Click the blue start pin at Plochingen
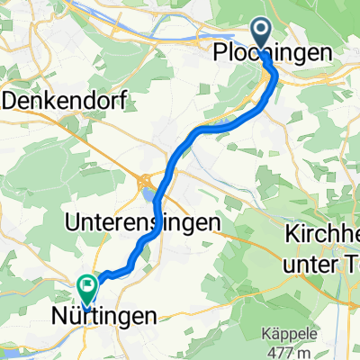click(x=263, y=34)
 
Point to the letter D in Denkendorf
click(x=11, y=99)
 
